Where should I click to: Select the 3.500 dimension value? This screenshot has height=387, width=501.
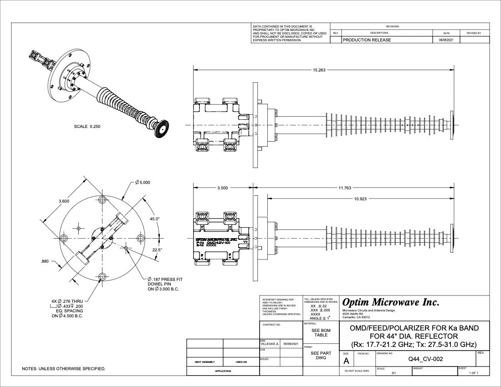[223, 188]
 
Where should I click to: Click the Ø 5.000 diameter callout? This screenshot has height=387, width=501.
[143, 183]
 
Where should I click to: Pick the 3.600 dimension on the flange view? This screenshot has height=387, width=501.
[64, 201]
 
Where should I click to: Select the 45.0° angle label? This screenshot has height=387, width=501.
[155, 219]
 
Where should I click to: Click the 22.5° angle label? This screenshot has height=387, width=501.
[157, 250]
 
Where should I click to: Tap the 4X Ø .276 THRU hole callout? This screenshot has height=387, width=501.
[69, 301]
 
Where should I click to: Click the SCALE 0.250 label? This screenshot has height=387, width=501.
[87, 127]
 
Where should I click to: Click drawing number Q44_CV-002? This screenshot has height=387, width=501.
[426, 359]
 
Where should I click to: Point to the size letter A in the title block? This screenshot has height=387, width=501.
[346, 361]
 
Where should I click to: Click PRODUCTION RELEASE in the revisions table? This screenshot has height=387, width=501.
[367, 40]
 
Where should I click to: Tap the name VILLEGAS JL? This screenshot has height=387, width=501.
[269, 344]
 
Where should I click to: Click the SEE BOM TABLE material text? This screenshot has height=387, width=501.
[321, 332]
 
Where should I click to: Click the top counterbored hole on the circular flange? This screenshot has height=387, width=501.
[102, 200]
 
